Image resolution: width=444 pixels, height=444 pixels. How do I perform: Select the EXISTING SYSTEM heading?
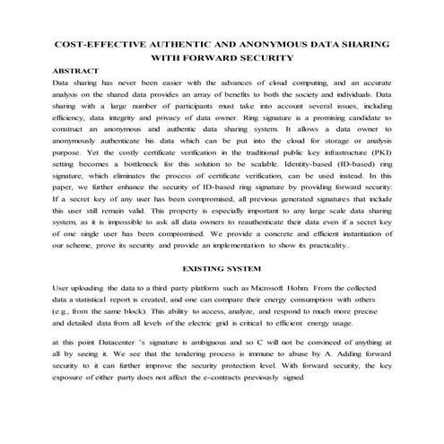(222, 268)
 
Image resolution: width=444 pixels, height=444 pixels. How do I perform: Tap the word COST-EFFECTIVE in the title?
(99, 42)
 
